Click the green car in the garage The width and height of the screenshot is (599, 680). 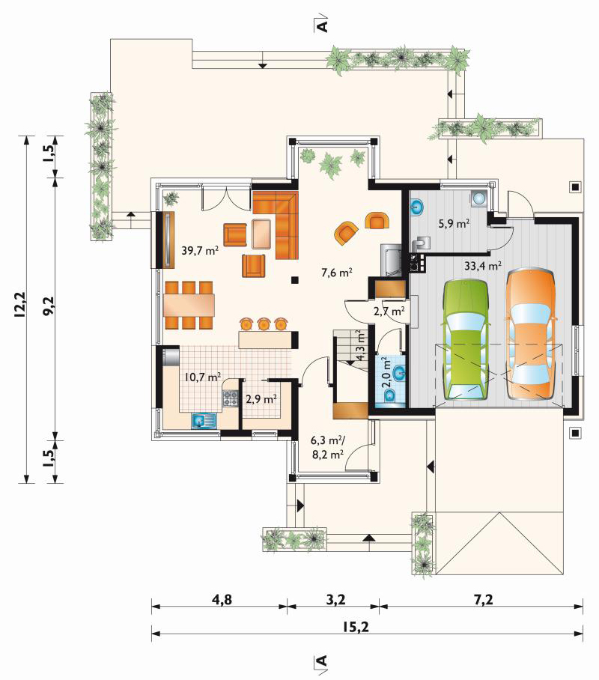pos(465,340)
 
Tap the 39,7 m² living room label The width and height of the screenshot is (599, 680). pos(199,250)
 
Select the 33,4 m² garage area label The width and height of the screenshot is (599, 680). pos(483,265)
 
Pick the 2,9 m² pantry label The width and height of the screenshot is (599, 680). pos(261,398)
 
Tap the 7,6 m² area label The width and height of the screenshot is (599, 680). pos(337,273)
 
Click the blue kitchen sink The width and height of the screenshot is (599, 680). pos(204,421)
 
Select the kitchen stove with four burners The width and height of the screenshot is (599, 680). pos(231,398)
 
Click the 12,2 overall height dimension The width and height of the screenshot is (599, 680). pos(20,306)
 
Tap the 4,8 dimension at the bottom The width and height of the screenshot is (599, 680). pos(222,600)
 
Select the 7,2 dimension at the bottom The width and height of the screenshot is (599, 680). pos(483,600)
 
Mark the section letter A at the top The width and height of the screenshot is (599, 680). pos(322,25)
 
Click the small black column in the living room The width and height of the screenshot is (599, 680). pos(295,280)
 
